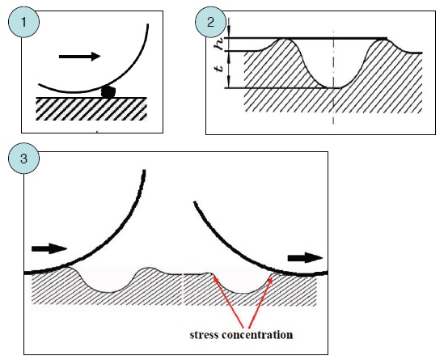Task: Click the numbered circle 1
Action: point(23,22)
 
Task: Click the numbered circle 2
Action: point(210,22)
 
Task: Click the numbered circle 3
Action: point(23,158)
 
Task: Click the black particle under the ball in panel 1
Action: point(108,91)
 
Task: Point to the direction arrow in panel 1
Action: point(79,57)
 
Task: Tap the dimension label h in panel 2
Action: point(220,44)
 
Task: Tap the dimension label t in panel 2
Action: point(220,68)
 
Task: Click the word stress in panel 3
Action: point(204,335)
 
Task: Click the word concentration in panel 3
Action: point(257,335)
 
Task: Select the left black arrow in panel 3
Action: point(49,248)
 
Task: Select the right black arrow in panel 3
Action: point(305,258)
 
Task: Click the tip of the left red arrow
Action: point(214,277)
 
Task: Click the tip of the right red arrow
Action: point(271,277)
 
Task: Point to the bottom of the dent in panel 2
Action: point(332,88)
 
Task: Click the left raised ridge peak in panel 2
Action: point(285,40)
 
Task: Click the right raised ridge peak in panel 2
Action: point(383,40)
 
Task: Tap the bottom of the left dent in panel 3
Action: point(108,292)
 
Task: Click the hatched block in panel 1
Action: point(91,108)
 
